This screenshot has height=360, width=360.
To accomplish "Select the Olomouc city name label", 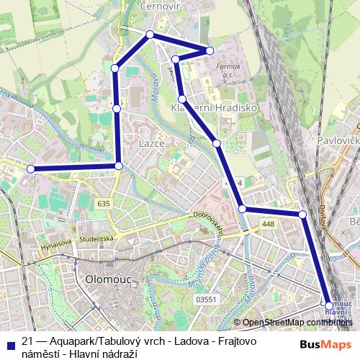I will (107, 278).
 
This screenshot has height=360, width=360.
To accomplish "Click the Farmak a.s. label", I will (229, 69).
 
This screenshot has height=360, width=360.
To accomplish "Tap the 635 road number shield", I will (104, 204).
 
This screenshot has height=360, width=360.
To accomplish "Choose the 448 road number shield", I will (269, 225).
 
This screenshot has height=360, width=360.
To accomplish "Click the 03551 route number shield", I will (206, 299).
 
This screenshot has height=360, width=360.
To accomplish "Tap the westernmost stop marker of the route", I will (30, 168).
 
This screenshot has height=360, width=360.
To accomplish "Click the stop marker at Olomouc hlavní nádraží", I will (330, 306).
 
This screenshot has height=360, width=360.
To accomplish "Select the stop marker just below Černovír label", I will (150, 35).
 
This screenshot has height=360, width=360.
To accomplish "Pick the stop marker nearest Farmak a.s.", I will (210, 50).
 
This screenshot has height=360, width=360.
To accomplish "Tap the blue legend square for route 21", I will (9, 343).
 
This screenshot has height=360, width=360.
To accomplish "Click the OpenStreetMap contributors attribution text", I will (297, 323).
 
